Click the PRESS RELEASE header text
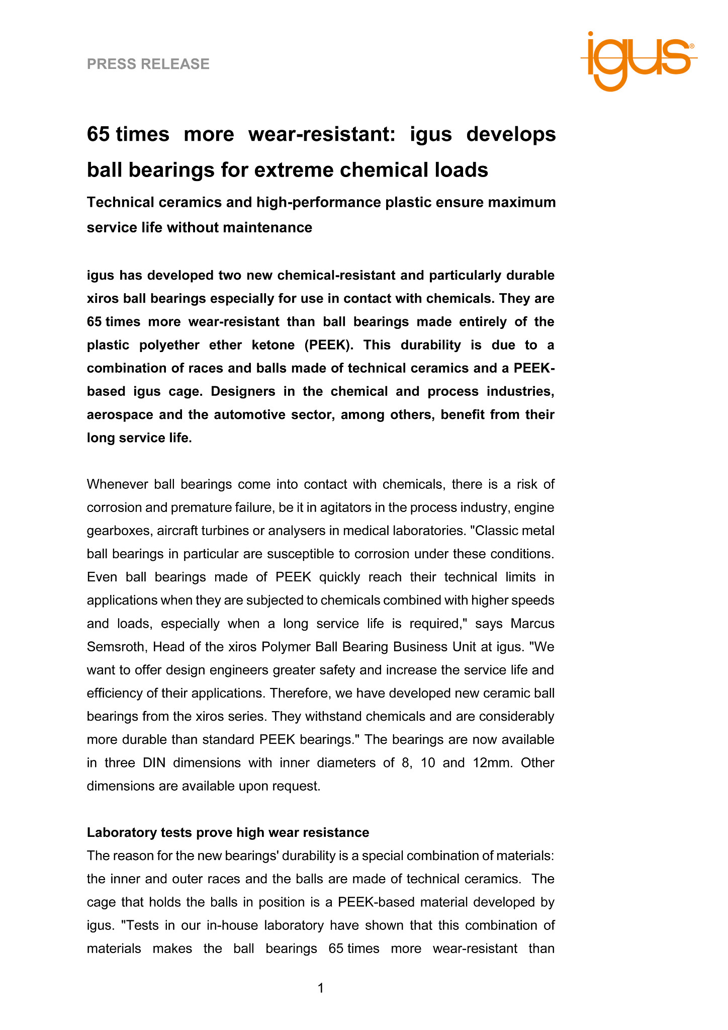(x=148, y=64)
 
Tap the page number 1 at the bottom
(x=321, y=988)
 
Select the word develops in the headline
(x=511, y=134)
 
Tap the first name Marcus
(x=532, y=624)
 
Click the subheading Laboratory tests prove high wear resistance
(x=228, y=832)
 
